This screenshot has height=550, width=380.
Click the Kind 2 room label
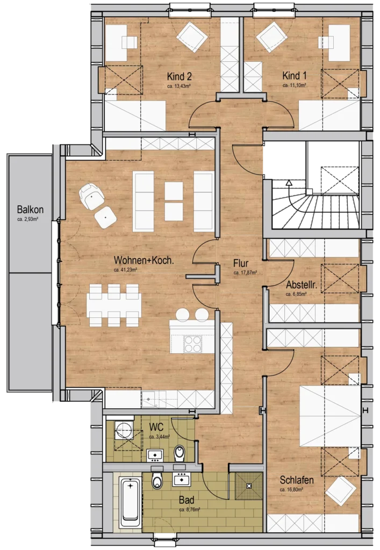[179, 76]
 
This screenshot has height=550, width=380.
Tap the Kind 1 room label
[295, 75]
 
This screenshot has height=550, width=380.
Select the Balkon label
[30, 210]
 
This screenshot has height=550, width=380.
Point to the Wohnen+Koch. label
[144, 260]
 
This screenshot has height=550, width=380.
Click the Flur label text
[241, 263]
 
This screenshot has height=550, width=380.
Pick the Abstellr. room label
[302, 285]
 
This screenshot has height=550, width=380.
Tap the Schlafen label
[297, 480]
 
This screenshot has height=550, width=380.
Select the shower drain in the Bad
[249, 486]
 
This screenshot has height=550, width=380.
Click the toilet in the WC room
[180, 453]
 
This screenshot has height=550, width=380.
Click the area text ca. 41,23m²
[125, 270]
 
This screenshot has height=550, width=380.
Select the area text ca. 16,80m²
[291, 489]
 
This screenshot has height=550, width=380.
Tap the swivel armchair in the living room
[91, 197]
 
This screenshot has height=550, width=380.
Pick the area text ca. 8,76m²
[190, 509]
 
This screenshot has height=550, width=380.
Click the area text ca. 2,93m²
[28, 220]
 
